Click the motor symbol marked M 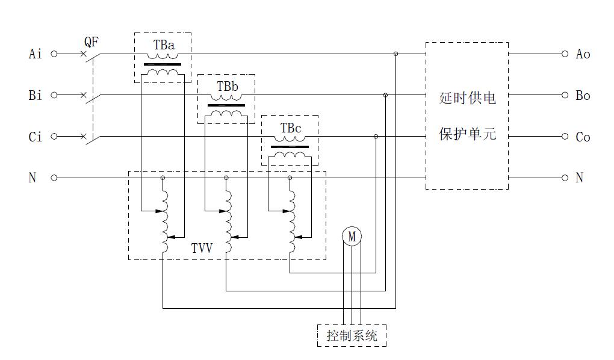(352, 237)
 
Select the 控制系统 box (352, 335)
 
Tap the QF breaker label (91, 42)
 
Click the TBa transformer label (163, 45)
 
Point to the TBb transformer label (227, 87)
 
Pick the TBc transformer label (290, 128)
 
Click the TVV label (202, 247)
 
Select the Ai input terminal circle (54, 54)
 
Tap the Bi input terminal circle (54, 95)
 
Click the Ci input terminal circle (54, 137)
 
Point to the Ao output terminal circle (565, 54)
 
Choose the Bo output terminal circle (565, 95)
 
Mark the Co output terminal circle (565, 137)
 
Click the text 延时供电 (467, 98)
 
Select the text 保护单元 (467, 134)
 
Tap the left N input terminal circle (54, 178)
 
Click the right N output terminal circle (565, 178)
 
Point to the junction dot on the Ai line (395, 54)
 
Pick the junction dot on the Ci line (376, 137)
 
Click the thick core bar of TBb (226, 105)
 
